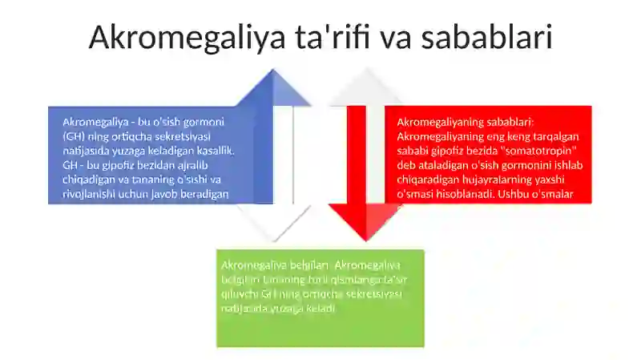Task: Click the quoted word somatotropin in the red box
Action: point(541,151)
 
